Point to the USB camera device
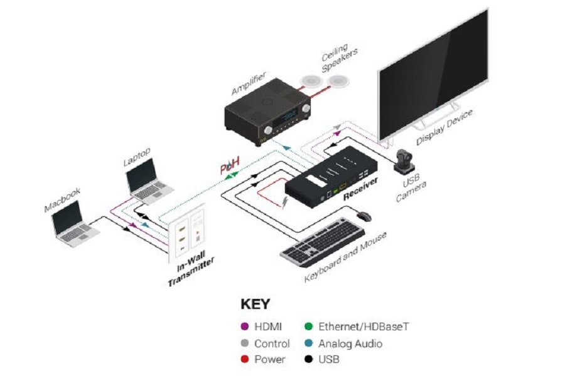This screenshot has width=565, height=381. click(x=404, y=162)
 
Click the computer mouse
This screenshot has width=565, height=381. click(x=364, y=216)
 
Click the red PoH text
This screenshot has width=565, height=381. click(x=230, y=167)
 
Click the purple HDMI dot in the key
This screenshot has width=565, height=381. click(x=245, y=326)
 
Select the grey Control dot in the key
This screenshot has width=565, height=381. click(x=245, y=343)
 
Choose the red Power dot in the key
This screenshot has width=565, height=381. click(x=245, y=360)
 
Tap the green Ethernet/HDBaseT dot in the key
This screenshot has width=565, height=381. click(x=309, y=326)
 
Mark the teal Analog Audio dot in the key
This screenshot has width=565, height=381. click(x=309, y=343)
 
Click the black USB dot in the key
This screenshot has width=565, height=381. click(x=309, y=360)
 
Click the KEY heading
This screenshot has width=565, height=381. click(x=256, y=305)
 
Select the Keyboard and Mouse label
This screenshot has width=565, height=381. click(x=345, y=257)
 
